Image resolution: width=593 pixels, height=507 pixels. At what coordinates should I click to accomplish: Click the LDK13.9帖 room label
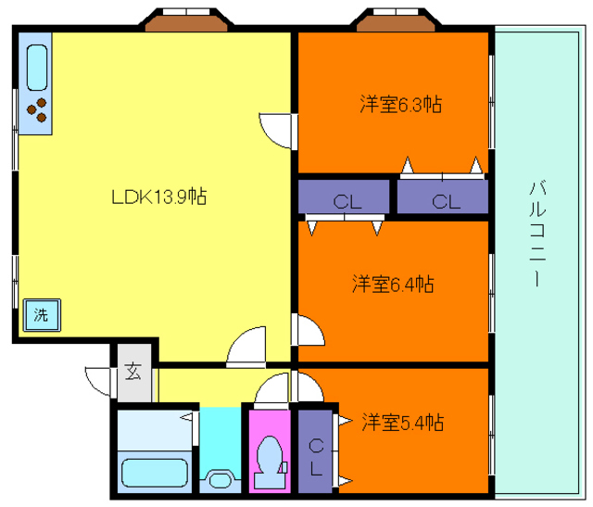159,196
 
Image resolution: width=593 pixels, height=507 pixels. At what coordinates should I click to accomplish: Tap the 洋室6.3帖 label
401,104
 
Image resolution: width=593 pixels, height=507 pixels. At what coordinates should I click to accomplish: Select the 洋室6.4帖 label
393,284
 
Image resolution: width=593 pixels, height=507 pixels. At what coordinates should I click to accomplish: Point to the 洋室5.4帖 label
403,422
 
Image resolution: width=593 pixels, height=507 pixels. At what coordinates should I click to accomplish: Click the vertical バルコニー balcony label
537,234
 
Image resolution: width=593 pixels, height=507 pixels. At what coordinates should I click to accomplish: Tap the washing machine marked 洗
42,315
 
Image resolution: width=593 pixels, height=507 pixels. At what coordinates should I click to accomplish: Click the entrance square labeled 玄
134,373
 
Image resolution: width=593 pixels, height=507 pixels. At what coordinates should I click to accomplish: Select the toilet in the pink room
270,463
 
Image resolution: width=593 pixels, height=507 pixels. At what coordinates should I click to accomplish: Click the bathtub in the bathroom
155,473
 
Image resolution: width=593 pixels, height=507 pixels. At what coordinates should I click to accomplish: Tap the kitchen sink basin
37,68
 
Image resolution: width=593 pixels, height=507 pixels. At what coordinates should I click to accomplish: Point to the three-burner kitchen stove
37,110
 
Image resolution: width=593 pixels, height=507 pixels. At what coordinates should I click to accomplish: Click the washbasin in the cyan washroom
221,480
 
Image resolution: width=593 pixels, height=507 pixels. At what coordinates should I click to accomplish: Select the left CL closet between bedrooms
344,196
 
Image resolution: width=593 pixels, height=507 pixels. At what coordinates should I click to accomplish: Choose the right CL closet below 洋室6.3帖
443,196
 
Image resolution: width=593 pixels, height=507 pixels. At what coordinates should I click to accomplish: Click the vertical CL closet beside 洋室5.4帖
315,451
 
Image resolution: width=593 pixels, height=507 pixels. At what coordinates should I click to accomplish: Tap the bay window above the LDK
186,19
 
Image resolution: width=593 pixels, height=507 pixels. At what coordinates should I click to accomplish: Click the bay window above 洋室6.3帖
396,19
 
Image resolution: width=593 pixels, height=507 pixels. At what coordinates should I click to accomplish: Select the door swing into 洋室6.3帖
277,131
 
